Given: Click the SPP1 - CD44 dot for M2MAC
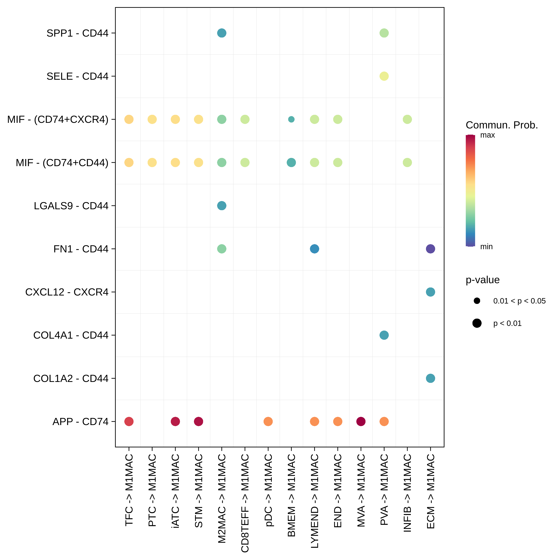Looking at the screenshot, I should coord(221,33).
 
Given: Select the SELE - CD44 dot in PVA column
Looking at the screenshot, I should coord(384,76).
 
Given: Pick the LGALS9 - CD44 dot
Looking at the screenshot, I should coord(221,206).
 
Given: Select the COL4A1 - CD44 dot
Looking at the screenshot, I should coord(384,335).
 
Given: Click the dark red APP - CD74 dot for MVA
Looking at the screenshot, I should coord(361,421).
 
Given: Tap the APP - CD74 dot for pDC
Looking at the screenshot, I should coord(268,421).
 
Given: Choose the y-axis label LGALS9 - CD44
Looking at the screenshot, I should coord(71,206).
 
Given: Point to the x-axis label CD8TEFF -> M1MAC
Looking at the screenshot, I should coord(245,503).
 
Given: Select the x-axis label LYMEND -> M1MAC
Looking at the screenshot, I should coord(315,501).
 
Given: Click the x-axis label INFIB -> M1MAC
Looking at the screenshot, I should coord(407,493).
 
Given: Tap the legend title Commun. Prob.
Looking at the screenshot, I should coord(501,125).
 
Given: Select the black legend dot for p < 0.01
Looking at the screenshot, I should coord(477,323).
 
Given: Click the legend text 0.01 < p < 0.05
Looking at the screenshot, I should coord(519,301).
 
